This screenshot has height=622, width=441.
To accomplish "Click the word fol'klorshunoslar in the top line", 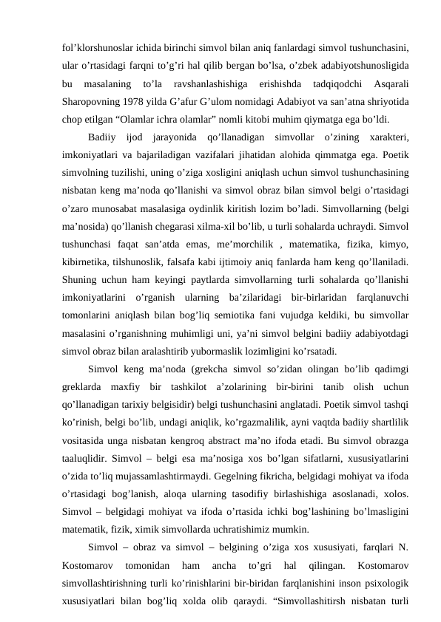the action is (96, 29).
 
